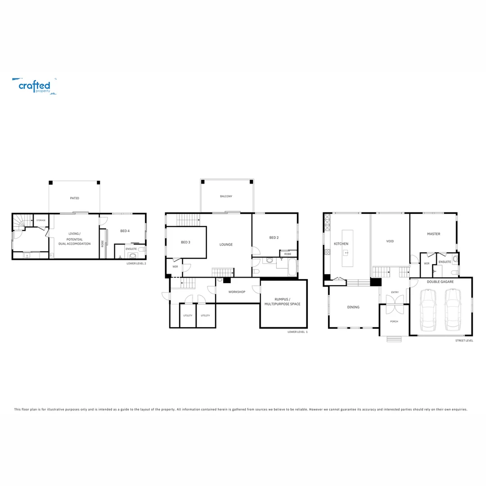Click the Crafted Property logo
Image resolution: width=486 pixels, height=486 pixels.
point(34,86)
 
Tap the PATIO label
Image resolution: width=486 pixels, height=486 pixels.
point(74,198)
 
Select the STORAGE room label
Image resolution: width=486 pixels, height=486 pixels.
point(41,220)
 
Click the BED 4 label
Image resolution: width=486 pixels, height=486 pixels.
point(125,231)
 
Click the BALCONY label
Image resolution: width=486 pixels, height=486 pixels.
point(226,197)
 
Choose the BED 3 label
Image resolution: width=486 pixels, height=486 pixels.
point(185,242)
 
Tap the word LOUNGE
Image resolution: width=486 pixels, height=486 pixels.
point(226,244)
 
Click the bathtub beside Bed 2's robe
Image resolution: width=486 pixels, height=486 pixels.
point(292,267)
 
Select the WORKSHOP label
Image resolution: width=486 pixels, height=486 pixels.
point(237,292)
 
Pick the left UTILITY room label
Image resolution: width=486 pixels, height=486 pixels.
point(188,315)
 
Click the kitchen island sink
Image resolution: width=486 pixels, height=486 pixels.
point(346,252)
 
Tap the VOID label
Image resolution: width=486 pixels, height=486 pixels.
point(390,241)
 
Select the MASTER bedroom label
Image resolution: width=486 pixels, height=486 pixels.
point(434,234)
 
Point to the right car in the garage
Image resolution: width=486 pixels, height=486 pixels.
point(453,310)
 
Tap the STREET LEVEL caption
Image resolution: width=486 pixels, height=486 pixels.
point(464,341)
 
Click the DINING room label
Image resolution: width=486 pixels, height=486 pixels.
point(353,307)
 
